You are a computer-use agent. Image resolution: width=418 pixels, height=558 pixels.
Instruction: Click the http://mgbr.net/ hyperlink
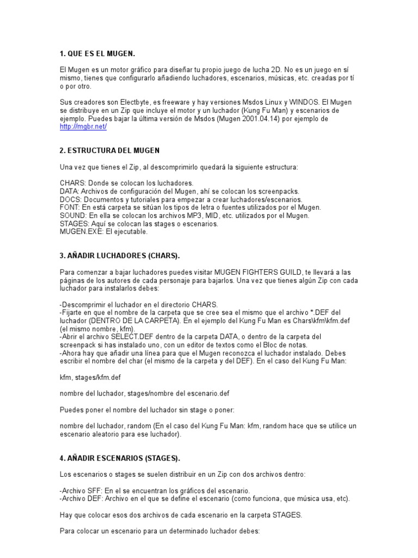pyautogui.click(x=83, y=126)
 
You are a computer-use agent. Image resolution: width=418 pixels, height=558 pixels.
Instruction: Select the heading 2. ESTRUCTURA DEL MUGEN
pyautogui.click(x=109, y=150)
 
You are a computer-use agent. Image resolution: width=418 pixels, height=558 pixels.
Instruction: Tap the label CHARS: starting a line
pyautogui.click(x=72, y=183)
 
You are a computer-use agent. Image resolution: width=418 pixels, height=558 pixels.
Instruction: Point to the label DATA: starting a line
pyautogui.click(x=69, y=191)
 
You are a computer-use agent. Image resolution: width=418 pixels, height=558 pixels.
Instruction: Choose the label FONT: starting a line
pyautogui.click(x=70, y=208)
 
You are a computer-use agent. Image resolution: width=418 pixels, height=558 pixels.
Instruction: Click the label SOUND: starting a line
pyautogui.click(x=72, y=216)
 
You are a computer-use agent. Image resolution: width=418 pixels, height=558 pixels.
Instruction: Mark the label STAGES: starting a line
pyautogui.click(x=74, y=223)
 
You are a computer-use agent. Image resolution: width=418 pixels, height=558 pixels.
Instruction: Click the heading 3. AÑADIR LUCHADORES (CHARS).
pyautogui.click(x=120, y=256)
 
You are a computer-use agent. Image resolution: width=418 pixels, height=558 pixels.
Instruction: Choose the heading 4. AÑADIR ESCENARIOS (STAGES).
pyautogui.click(x=120, y=458)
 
